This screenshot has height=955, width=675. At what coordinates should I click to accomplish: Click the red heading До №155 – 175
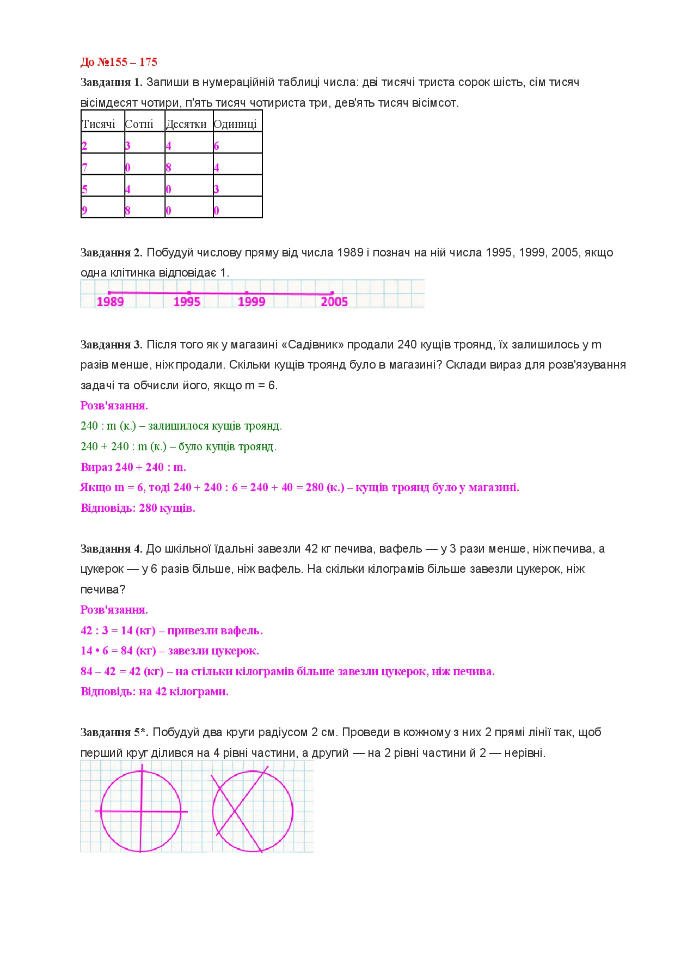[x=119, y=62]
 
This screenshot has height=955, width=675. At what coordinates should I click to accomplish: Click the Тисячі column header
[x=99, y=124]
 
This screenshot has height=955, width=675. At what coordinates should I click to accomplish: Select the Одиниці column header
[x=235, y=124]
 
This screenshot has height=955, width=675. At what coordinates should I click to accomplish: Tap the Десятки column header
[x=186, y=124]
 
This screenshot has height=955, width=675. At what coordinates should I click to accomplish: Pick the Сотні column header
[x=139, y=124]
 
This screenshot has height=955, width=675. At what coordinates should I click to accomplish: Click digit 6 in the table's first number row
[x=216, y=146]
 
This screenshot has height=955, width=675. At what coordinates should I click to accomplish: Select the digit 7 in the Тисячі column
[x=84, y=167]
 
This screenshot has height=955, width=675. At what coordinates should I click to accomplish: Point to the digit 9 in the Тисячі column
[x=84, y=210]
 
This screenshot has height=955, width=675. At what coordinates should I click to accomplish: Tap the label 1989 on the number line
[x=110, y=302]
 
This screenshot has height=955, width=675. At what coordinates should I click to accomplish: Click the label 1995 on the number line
[x=187, y=302]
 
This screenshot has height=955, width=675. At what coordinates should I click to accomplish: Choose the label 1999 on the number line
[x=251, y=302]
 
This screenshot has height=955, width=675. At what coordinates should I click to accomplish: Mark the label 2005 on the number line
[x=334, y=302]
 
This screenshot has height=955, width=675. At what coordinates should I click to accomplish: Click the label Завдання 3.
[x=111, y=345]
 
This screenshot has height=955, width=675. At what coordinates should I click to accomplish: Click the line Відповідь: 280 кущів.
[x=138, y=508]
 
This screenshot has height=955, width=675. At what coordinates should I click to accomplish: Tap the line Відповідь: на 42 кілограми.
[x=155, y=691]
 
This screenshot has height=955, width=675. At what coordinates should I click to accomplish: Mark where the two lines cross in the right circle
[x=235, y=811]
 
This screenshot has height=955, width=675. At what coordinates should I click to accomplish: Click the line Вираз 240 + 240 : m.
[x=133, y=467]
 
